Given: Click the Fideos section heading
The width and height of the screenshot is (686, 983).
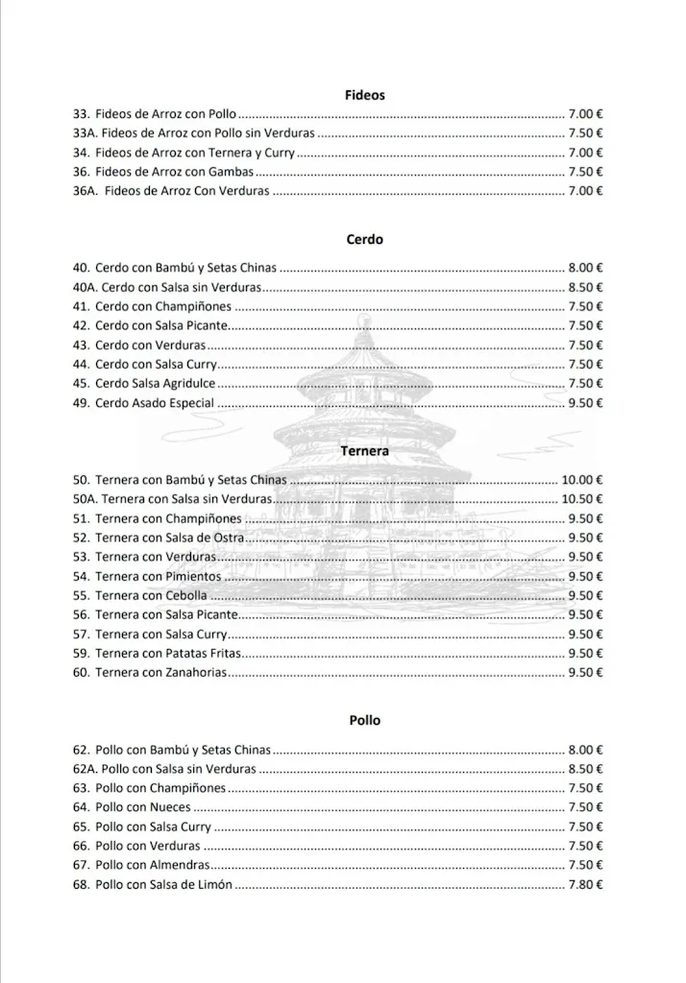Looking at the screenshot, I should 364,95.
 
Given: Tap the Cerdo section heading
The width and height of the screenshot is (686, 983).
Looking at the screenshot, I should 364,239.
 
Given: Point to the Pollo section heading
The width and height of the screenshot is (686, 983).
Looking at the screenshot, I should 364,720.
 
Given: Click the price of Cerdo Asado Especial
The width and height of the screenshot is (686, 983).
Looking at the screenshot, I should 585,403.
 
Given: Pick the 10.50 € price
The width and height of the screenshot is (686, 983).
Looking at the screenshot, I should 582,499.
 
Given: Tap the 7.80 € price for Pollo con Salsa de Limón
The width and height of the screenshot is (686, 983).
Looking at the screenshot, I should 585,884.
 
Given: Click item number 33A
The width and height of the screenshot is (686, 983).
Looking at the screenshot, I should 85,133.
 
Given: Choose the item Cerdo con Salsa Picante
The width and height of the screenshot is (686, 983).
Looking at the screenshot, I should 161,325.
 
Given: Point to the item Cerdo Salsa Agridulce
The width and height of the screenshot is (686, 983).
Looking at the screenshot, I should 155,384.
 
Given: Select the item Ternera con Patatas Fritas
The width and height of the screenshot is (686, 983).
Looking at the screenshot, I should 168,653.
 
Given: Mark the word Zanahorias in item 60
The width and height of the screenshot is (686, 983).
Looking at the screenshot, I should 196,672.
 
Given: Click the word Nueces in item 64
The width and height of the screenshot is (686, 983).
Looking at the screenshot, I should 170,807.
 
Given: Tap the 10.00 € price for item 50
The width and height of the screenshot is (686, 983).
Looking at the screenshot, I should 582,480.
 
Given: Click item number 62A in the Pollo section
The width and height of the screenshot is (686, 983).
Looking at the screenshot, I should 85,769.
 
